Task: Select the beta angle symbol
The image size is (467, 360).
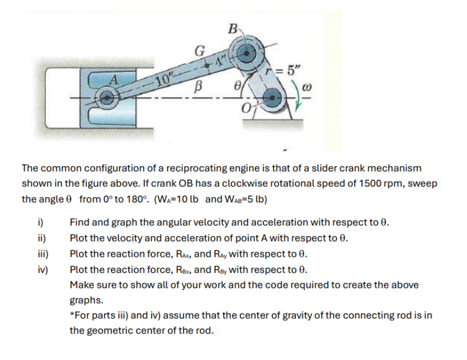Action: [197, 89]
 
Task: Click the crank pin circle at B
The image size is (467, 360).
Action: [244, 54]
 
